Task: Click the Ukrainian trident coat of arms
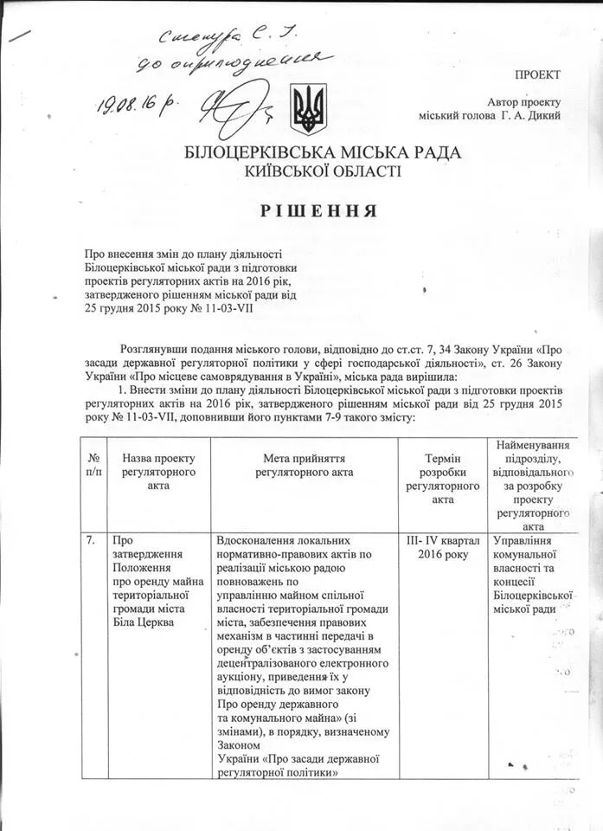click(x=308, y=108)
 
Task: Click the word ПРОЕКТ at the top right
click(x=537, y=75)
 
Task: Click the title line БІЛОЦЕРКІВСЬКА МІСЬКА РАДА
click(x=323, y=153)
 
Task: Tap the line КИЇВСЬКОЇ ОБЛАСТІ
click(x=323, y=171)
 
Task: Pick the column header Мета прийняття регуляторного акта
click(x=304, y=464)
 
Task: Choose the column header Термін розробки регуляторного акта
click(x=442, y=478)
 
